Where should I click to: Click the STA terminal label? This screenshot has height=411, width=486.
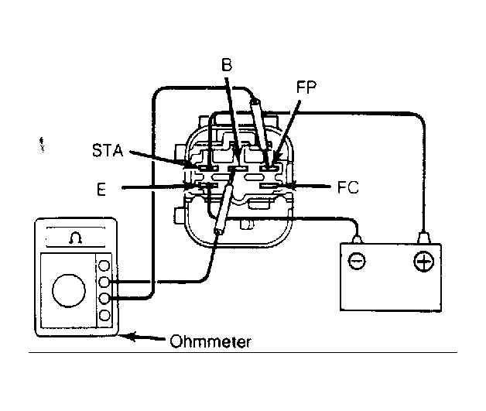pos(108,150)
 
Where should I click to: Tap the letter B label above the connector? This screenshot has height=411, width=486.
pos(227,65)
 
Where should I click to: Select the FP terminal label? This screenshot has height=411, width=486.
pos(306,87)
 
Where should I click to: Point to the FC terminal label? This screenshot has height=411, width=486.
pos(348,187)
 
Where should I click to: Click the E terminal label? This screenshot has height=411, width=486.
pos(101,189)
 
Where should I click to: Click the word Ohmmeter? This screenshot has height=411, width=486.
pos(210,341)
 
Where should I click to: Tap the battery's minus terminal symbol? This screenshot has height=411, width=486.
pos(357,261)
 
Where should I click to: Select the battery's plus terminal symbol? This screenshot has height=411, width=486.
pos(423,261)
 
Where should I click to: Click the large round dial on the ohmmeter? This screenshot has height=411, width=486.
pos(69,291)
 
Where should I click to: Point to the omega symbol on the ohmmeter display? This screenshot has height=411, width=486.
pos(75,238)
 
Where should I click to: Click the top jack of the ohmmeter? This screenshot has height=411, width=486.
pos(104,265)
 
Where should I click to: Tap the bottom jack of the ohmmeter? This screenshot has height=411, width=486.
pos(104,316)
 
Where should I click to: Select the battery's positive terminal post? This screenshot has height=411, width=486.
pos(423,238)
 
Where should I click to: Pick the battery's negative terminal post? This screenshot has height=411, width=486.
pos(357,239)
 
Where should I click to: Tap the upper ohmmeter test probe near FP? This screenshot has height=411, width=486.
pos(259,125)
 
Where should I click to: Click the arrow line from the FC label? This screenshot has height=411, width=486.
pos(308,187)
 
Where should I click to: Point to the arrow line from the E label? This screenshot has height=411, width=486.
pos(157,187)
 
